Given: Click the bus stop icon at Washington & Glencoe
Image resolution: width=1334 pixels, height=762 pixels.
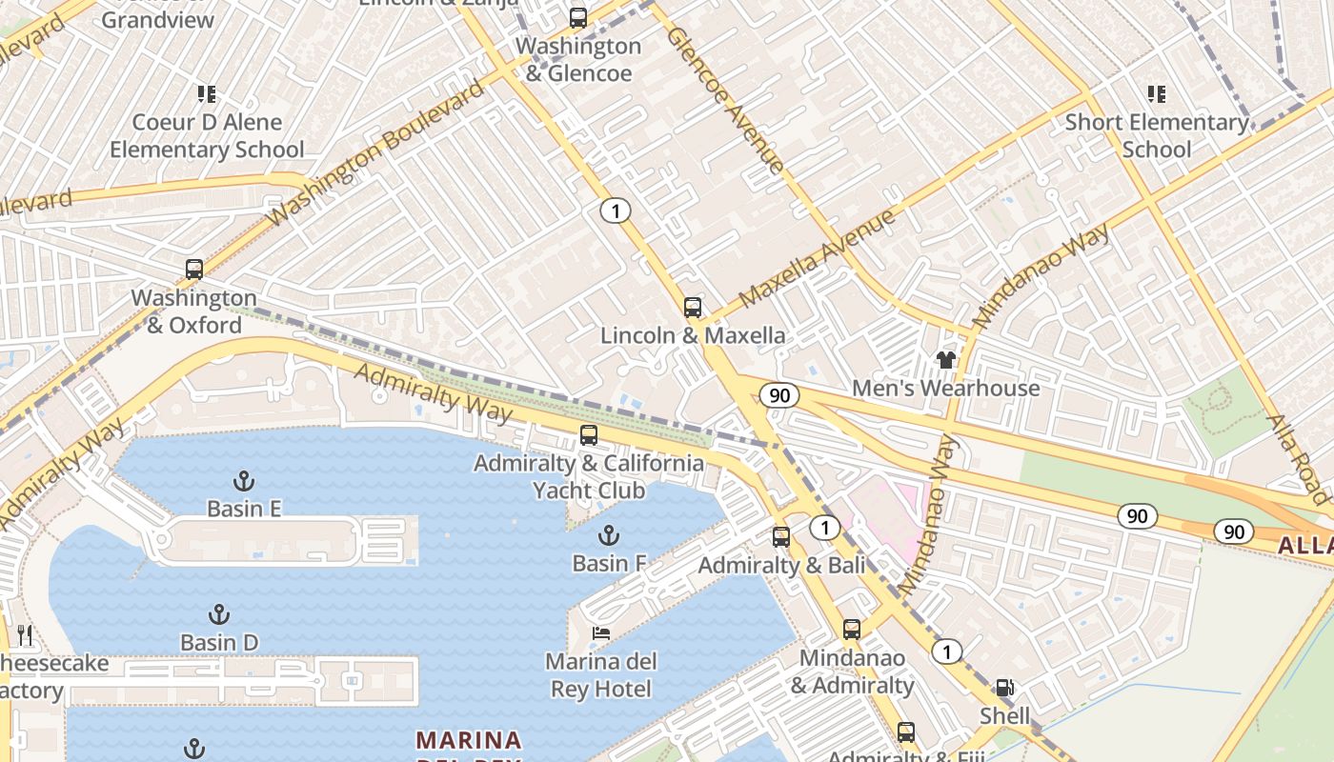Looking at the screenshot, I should coord(577,17).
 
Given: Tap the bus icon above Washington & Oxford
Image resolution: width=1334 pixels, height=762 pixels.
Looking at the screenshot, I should coord(194,270).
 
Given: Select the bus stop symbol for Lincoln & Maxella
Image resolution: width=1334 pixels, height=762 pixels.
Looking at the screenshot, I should coord(693,308).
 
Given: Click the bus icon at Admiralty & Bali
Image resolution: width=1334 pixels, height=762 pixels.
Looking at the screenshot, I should coord(781,537).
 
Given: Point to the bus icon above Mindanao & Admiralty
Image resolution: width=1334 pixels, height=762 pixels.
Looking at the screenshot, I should coord(852,630).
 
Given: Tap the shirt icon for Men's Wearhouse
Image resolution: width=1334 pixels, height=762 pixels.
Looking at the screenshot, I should coord(945,360).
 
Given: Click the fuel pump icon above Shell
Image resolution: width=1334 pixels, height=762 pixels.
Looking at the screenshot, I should coord(1004,688).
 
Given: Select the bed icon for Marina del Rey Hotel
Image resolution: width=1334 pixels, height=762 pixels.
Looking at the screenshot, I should coord(600,633).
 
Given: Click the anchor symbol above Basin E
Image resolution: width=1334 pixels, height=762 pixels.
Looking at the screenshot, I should coord(244,480).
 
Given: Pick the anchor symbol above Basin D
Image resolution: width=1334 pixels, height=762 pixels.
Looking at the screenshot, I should coord(219,614).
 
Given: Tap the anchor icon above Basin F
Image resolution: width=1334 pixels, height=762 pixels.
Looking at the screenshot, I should coord(608,535).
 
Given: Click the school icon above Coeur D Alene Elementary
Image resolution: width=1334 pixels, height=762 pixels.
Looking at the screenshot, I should coord(207,94).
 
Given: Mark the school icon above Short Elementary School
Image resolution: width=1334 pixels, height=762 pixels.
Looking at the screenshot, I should coord(1157,94).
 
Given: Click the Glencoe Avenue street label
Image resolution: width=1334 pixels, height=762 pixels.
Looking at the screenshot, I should coord(726,99).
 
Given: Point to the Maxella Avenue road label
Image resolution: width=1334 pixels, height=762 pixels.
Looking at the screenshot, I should coord(817,258).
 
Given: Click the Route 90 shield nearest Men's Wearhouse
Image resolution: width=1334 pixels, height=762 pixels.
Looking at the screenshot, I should coord(779,395).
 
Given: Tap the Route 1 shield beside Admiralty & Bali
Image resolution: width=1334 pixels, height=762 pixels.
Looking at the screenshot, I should coord(824,527).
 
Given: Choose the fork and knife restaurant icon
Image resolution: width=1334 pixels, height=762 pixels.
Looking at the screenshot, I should coord(25,635).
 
